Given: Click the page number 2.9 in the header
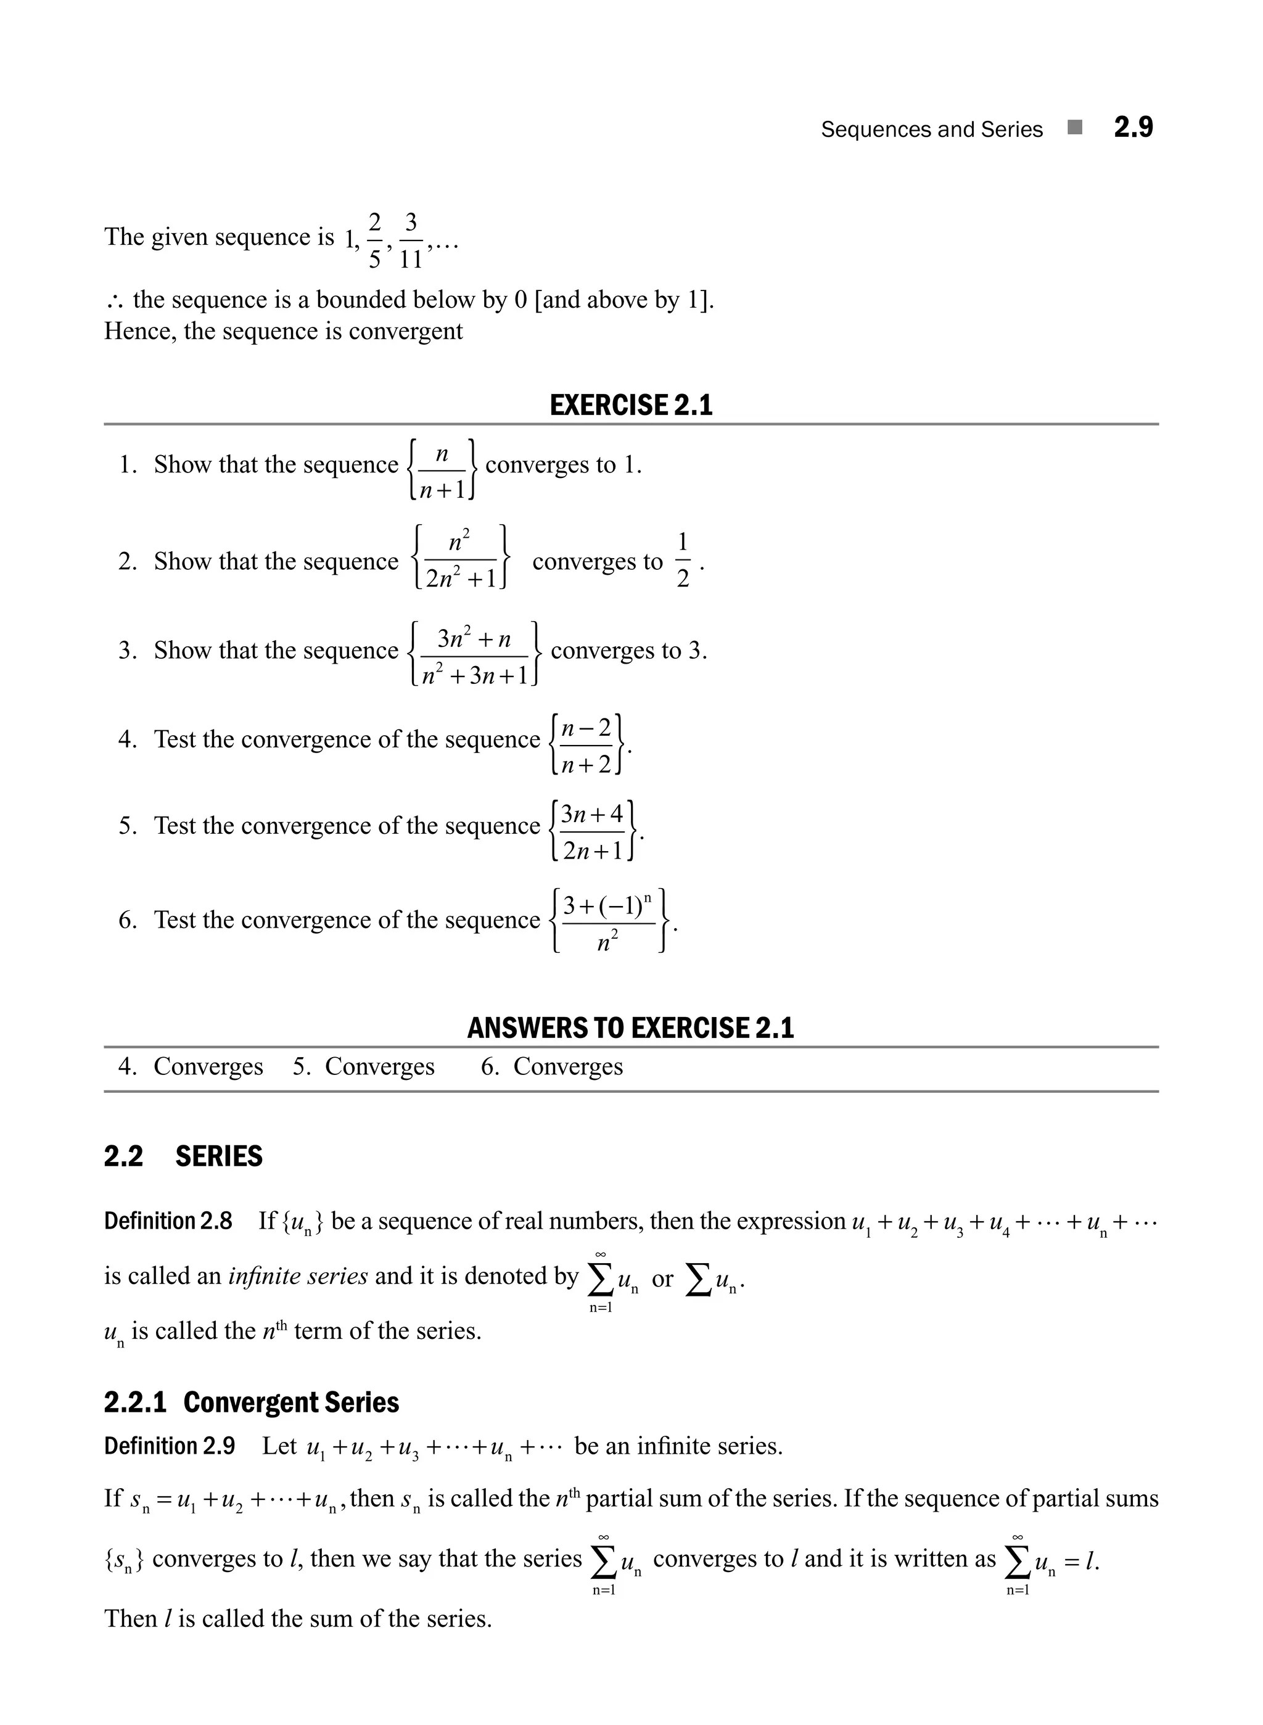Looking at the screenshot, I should (x=1133, y=128).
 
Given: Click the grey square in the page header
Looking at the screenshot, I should (x=1075, y=128).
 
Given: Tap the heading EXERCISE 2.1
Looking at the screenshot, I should (x=631, y=405).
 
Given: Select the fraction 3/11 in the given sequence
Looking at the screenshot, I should (x=411, y=241).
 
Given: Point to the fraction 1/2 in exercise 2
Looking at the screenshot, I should (x=683, y=561).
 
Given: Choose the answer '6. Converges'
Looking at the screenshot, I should (x=552, y=1067).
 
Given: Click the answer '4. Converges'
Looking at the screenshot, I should (x=191, y=1067).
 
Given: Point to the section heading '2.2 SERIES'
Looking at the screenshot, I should (x=184, y=1156).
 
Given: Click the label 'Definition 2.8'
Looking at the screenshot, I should (x=168, y=1221).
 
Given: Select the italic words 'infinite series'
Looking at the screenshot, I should (x=298, y=1276).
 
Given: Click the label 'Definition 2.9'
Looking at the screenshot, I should (x=170, y=1446).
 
